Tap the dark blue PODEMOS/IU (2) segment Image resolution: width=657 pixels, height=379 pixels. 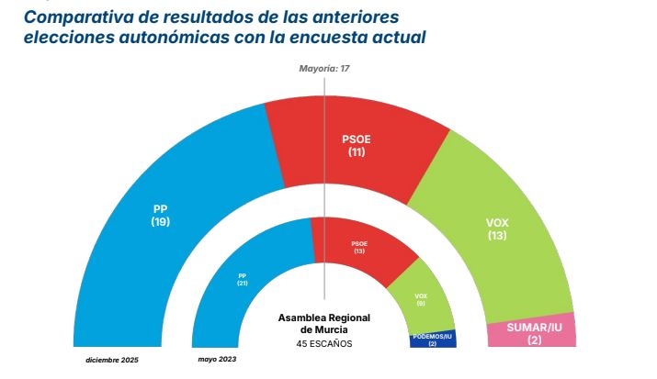click(432, 340)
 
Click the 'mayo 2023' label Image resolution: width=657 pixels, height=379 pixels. click(217, 359)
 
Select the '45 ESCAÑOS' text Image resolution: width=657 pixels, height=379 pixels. click(323, 343)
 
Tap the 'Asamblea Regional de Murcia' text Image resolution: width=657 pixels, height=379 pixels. click(323, 322)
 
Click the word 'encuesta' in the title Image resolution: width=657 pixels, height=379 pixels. click(331, 38)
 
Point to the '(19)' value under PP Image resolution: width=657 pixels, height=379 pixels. click(161, 221)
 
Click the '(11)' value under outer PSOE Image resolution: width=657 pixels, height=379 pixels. click(357, 151)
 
